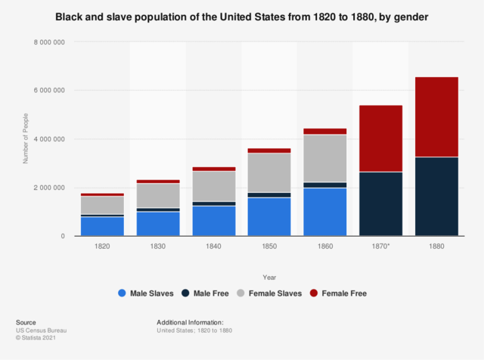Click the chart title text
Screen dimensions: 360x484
242,17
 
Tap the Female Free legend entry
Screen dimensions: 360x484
339,293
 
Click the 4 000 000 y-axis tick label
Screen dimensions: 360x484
49,139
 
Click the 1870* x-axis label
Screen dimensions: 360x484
380,247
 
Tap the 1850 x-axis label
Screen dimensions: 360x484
269,247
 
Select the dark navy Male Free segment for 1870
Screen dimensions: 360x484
380,203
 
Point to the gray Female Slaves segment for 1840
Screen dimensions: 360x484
214,186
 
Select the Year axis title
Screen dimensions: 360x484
270,276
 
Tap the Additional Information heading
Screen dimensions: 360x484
190,322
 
